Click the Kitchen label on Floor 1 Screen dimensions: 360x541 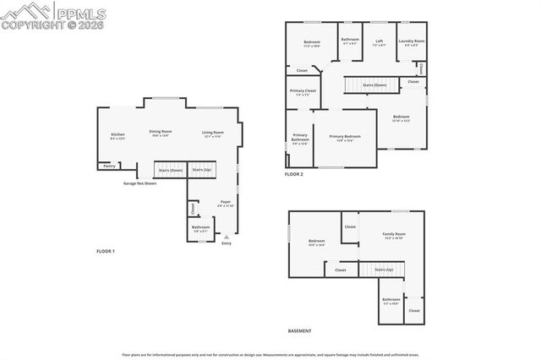coord(117,135)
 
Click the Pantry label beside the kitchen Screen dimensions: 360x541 coord(109,166)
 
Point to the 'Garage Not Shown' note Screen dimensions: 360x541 coord(139,183)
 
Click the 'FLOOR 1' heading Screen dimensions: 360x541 coord(105,251)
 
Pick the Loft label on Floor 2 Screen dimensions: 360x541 coord(380,41)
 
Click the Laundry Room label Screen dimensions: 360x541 coord(412,41)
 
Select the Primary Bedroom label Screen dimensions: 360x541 coord(345,138)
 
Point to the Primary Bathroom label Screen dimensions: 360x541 coord(300,138)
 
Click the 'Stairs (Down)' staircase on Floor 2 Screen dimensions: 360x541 coord(374,85)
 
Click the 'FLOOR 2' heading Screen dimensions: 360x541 coord(293,173)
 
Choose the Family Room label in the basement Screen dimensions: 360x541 coord(394,235)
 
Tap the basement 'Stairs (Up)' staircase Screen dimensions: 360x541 coord(383,270)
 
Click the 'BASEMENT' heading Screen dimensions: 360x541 coord(299,330)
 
